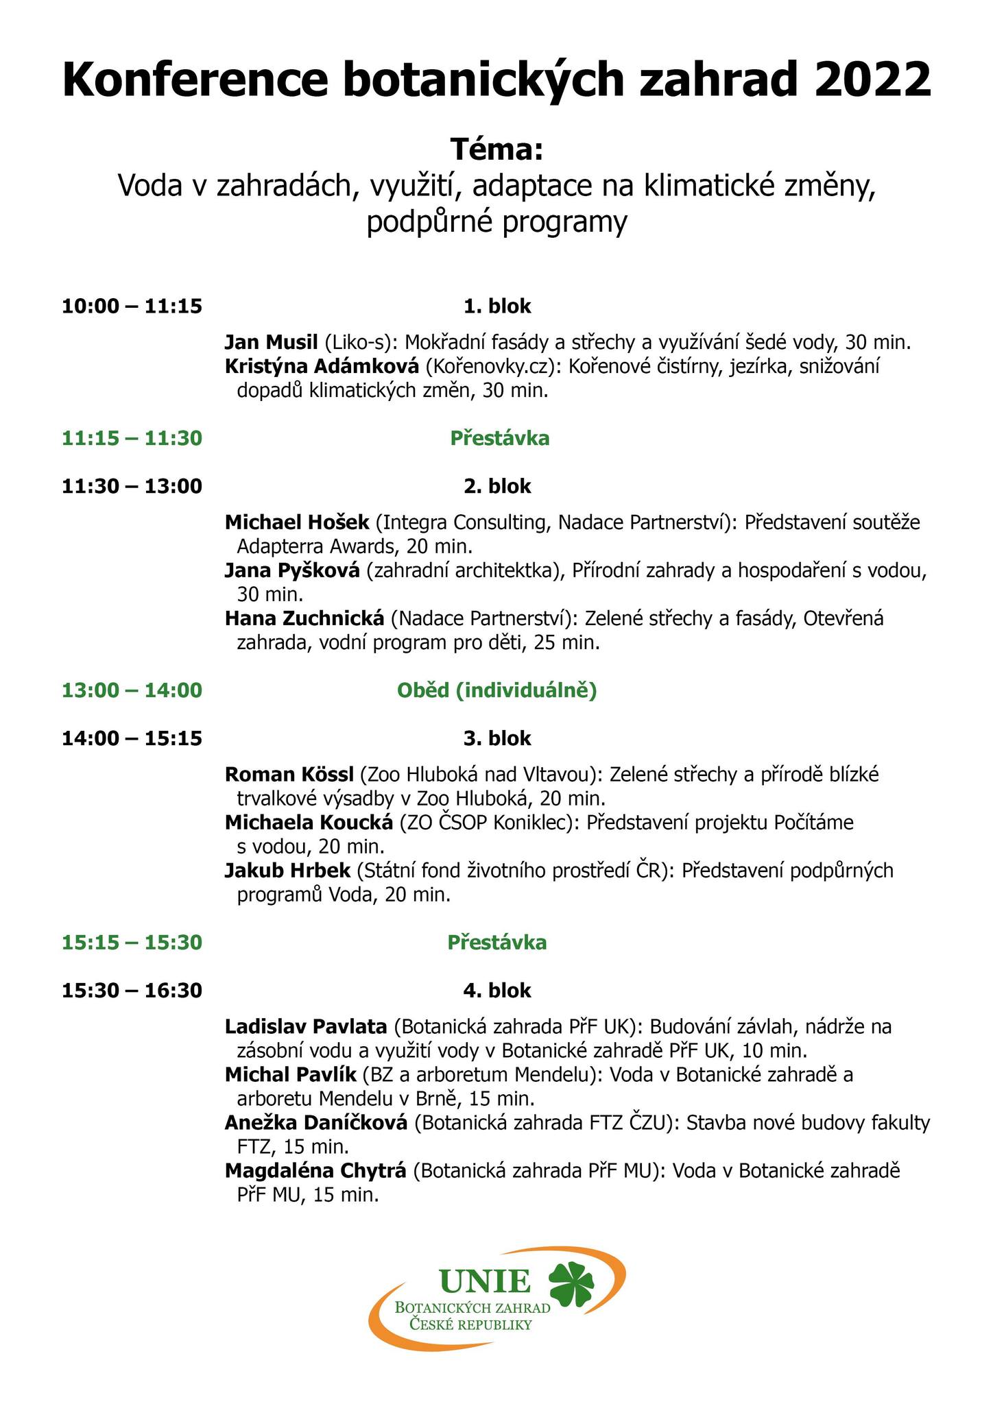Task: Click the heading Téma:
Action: [496, 149]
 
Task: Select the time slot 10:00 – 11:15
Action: [132, 306]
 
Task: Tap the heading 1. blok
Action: [497, 306]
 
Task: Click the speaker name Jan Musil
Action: [272, 343]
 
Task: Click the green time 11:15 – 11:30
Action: [132, 438]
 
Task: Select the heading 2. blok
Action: [497, 486]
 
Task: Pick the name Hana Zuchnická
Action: [304, 619]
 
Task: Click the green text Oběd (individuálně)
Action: [497, 690]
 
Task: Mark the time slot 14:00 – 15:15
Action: [132, 738]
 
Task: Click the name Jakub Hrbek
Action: [287, 871]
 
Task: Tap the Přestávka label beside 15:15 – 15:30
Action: [497, 943]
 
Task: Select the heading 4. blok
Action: [497, 991]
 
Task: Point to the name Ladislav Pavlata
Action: [306, 1028]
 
